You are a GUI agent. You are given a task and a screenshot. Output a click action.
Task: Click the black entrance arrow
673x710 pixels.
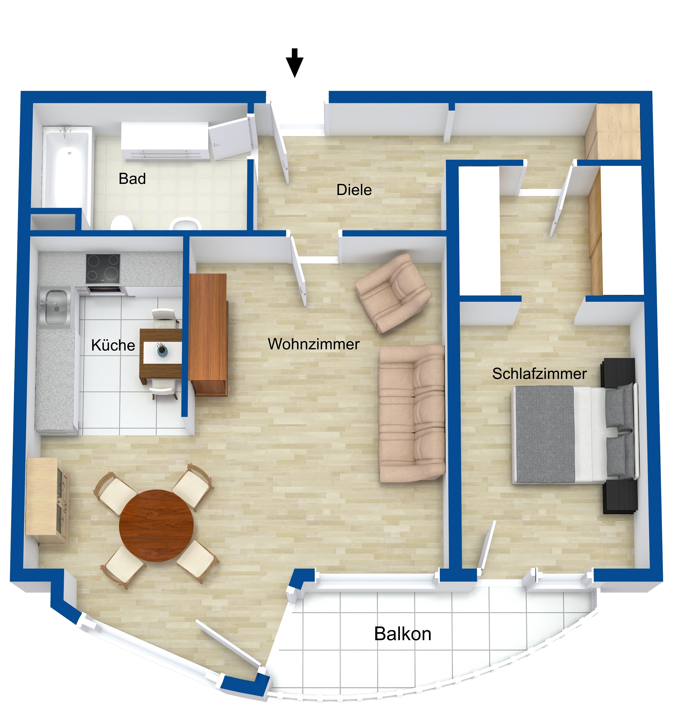point(295,63)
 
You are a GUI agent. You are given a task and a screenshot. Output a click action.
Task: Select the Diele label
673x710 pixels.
point(354,190)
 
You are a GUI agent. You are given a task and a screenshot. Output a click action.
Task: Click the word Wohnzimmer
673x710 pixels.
point(314,344)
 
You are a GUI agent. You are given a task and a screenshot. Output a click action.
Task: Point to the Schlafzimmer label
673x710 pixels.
point(540,374)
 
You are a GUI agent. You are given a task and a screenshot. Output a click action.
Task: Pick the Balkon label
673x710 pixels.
point(402,634)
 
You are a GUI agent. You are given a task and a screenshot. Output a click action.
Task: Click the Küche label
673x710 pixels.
point(113,345)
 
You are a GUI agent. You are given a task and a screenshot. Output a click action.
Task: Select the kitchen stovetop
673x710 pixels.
point(103,268)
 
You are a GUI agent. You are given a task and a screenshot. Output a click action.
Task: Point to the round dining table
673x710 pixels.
point(156,525)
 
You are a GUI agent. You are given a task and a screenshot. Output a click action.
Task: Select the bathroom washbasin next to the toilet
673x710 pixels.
point(185,224)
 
